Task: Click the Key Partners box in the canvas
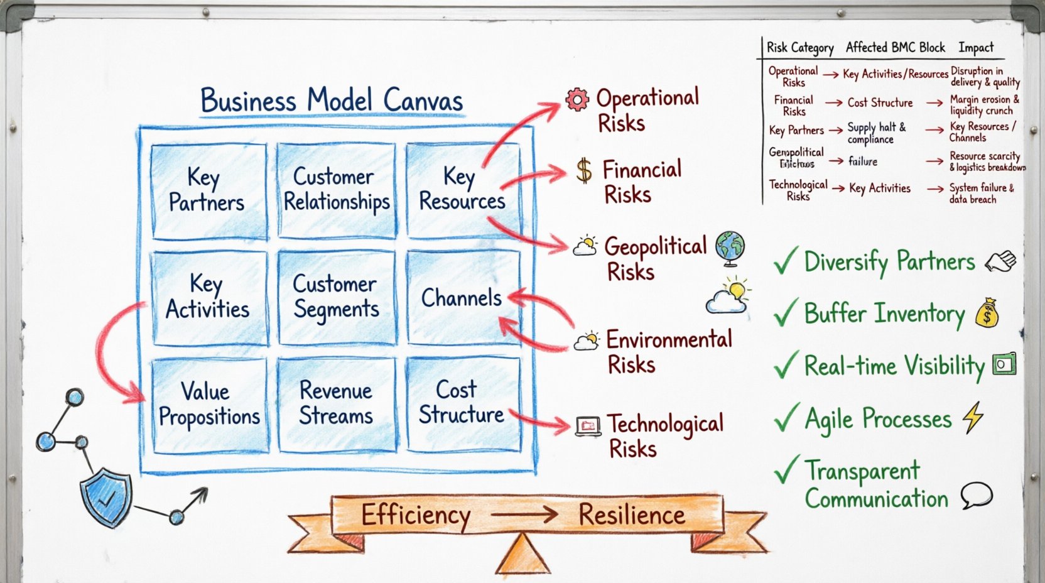coord(207,190)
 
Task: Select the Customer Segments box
coord(336,297)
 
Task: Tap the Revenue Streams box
coord(336,404)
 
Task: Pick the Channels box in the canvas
coord(462,298)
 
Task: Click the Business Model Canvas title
coord(332,101)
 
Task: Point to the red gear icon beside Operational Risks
coord(577,99)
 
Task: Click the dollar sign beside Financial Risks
coord(584,170)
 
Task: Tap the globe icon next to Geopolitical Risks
coord(730,246)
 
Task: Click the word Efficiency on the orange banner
coord(415,516)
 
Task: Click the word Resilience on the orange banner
coord(631,515)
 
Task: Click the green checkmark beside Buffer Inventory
coord(786,313)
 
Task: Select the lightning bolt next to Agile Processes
coord(973,417)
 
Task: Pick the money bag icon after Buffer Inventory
coord(987,312)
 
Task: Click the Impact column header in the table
coord(976,48)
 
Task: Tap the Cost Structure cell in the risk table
coord(880,103)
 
